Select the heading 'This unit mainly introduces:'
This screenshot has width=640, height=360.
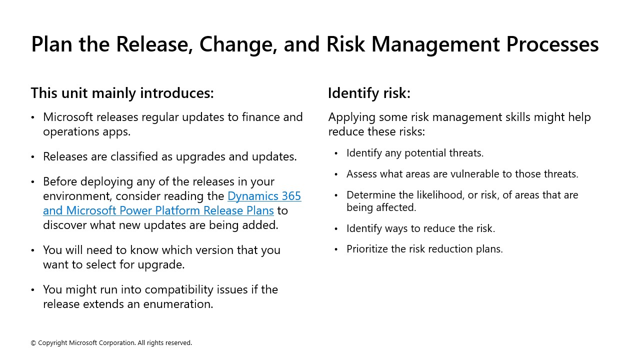click(122, 93)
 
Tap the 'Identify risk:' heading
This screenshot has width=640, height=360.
click(369, 93)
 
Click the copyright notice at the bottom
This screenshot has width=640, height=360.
click(111, 343)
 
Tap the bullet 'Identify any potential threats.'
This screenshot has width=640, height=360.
click(415, 153)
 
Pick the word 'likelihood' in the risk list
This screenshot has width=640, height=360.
click(438, 195)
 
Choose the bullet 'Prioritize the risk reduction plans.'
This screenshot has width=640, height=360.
click(424, 249)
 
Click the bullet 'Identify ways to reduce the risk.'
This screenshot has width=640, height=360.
click(420, 228)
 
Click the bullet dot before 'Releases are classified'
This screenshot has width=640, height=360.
click(33, 157)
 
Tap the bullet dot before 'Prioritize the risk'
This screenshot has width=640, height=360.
click(336, 249)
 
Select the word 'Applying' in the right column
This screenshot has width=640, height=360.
click(351, 117)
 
